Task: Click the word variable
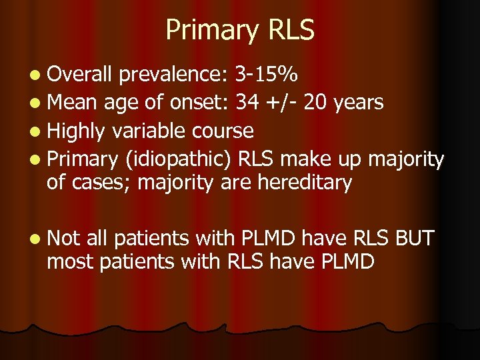[149, 130]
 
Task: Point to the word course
[223, 131]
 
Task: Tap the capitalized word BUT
[414, 237]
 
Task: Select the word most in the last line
[70, 261]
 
